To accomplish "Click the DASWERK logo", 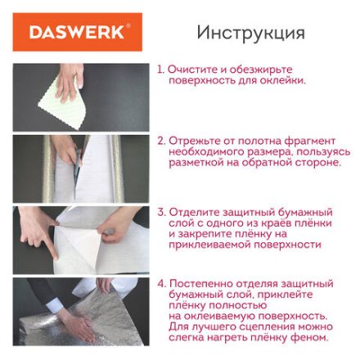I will pos(78,34).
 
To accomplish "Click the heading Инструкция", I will pos(250,34).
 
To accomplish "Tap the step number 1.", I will pos(160,70).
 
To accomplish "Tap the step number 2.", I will pos(161,141).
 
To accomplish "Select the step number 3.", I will pos(161,211).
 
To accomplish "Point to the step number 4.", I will pos(161,282).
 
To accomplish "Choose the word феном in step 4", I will pos(313,336).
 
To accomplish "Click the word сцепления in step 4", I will pos(262,326).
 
